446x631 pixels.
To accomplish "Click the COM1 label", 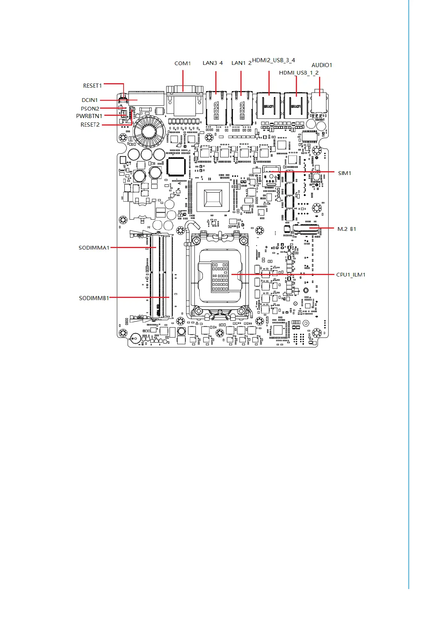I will (182, 63).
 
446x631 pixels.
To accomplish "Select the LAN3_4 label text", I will (212, 63).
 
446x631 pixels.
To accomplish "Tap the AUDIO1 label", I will (322, 65).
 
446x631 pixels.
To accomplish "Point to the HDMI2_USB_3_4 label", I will (273, 60).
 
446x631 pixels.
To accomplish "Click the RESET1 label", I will (92, 86).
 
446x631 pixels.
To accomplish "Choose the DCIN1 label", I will (89, 100).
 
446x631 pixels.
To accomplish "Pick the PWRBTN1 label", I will (89, 116).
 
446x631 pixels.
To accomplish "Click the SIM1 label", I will (345, 173).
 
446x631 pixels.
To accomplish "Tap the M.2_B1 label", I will (346, 229).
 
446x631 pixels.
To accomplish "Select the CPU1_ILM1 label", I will (351, 275).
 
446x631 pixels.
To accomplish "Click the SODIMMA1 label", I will (94, 248).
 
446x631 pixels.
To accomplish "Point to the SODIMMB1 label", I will (94, 298).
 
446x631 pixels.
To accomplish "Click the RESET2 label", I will (90, 125).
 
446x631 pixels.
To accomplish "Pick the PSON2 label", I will (90, 109).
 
